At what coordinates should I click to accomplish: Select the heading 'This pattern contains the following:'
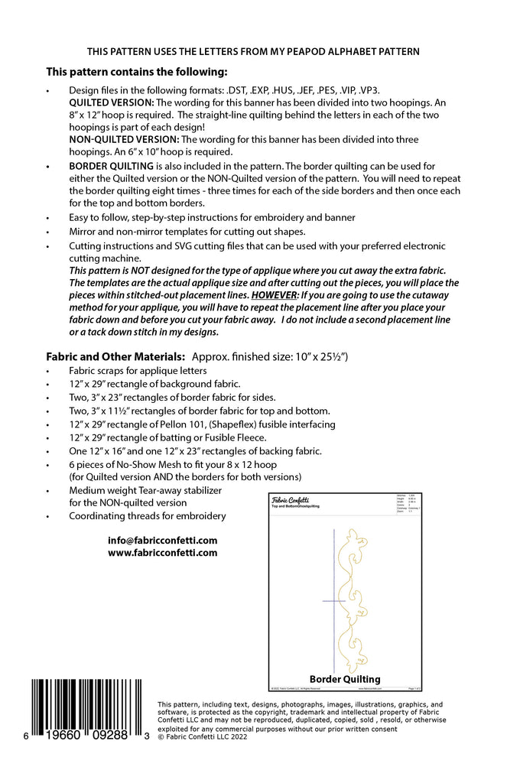tap(137, 73)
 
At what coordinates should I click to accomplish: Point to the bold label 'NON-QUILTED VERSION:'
tap(123, 139)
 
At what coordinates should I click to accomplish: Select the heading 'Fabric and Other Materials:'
tap(115, 356)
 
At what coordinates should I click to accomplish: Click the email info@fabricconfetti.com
tap(163, 540)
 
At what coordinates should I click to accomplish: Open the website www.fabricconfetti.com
tap(163, 553)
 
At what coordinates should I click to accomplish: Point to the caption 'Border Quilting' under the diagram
tap(345, 679)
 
